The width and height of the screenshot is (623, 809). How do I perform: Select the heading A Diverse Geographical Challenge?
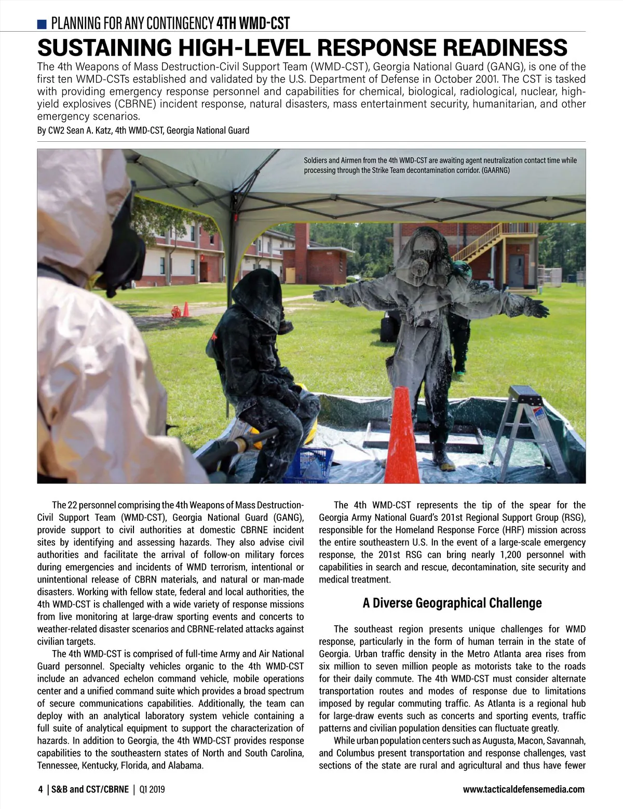[x=452, y=603]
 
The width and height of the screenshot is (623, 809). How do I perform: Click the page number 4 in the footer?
[x=40, y=790]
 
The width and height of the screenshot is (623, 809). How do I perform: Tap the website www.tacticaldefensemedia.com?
[x=523, y=790]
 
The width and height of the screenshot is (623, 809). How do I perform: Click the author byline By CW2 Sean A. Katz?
[x=143, y=130]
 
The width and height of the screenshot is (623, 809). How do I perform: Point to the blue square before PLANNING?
[x=42, y=24]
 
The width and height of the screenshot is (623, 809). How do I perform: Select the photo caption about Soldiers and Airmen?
[x=440, y=165]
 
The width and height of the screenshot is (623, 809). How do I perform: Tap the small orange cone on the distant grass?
[x=185, y=309]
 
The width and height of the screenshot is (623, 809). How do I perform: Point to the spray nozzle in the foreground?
[x=244, y=444]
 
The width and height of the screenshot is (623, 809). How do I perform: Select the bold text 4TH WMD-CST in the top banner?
[x=253, y=23]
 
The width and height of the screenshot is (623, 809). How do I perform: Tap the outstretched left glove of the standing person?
[x=537, y=308]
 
